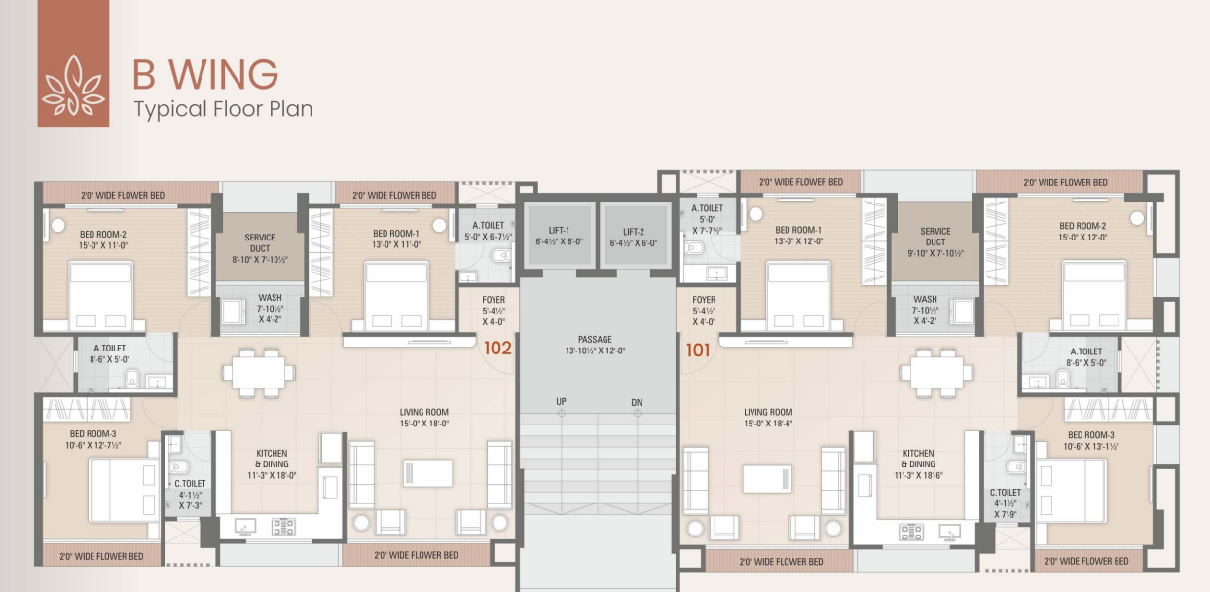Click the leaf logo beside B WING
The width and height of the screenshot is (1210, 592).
pos(73,86)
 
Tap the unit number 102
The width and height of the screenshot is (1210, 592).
pos(497,349)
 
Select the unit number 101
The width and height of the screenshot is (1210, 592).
pos(698,351)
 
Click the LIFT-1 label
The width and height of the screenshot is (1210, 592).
pos(559,230)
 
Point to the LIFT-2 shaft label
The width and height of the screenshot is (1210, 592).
pos(634,232)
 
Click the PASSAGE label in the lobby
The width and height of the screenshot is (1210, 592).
pos(595,339)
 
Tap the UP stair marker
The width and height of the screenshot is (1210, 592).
pos(562,402)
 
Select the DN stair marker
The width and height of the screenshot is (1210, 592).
pos(637,403)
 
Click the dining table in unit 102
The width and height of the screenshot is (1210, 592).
pos(259,373)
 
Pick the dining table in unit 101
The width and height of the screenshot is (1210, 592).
pos(936,373)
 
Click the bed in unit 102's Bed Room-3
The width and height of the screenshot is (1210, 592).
pos(125,491)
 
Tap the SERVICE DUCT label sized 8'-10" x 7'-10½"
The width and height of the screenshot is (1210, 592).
pos(260,243)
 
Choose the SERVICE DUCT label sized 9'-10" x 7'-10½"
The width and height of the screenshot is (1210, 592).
pos(935,237)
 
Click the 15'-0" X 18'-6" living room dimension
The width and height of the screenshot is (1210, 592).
pos(768,424)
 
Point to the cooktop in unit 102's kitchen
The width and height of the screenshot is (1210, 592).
pos(283,527)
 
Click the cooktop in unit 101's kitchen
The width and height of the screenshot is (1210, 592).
pos(911,532)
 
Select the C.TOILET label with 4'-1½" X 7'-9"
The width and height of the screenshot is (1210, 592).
pos(1006,503)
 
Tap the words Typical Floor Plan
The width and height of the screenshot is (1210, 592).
pos(223,109)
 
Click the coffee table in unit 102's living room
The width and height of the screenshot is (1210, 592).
pos(427,473)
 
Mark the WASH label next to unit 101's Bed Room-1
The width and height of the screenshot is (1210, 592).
pos(926,299)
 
